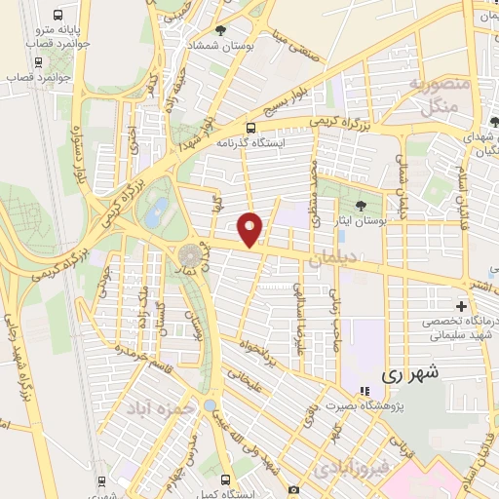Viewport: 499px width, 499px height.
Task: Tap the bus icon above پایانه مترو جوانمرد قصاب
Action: pos(58,17)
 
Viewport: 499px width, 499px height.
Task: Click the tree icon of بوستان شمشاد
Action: pos(220,31)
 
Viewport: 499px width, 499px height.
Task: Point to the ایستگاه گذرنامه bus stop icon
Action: pos(251,128)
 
